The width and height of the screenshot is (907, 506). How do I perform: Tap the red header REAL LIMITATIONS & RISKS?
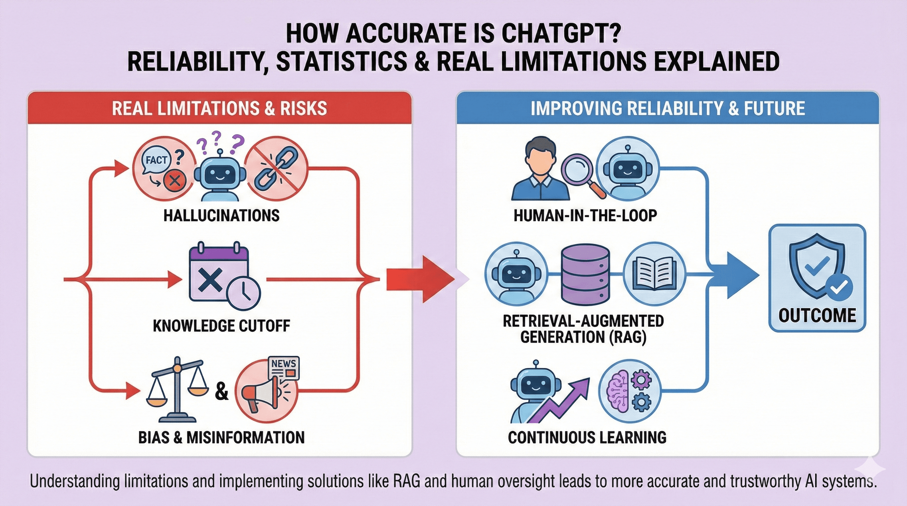coord(219,108)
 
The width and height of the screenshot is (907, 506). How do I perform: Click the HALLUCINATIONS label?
coord(221,215)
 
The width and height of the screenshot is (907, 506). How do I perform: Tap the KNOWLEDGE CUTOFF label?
coord(221,326)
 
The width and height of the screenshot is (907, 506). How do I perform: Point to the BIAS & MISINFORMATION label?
coord(221,437)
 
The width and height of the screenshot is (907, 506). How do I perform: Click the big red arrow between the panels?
coord(419,279)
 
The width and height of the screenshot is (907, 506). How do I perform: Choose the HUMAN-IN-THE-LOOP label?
coord(585,215)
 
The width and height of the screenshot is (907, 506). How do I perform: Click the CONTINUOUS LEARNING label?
coord(587,437)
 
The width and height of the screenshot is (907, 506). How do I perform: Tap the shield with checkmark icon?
coord(817,267)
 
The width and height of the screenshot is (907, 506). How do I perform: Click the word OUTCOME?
coord(817,316)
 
